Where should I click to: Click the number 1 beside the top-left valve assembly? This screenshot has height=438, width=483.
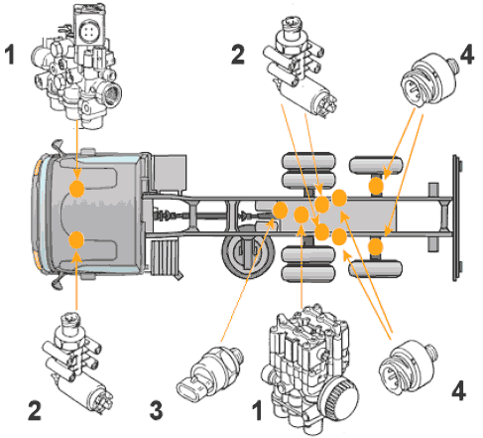point(10,55)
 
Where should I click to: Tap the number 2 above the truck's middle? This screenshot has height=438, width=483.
point(238,55)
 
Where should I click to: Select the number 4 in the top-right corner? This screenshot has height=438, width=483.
point(467,55)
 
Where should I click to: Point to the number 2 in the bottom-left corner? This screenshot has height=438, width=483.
point(35,410)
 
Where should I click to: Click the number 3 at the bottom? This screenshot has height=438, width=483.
point(157,410)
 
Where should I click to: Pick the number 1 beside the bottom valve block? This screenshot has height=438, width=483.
point(257,410)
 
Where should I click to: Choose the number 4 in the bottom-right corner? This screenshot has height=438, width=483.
point(459,390)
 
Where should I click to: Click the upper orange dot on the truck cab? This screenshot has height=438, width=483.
point(77,189)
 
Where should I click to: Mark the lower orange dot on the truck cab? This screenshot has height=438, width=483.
point(77,239)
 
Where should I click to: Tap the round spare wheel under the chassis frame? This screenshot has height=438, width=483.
point(247,251)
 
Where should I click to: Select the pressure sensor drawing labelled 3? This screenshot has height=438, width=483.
point(210,373)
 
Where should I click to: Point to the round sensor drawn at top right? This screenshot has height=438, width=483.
point(429,79)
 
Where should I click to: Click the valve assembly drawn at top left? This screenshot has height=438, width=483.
point(76,67)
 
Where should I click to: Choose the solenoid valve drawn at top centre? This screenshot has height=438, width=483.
point(300,67)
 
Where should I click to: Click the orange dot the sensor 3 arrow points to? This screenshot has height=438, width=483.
point(281,211)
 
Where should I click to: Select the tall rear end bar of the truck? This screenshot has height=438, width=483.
point(456,218)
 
